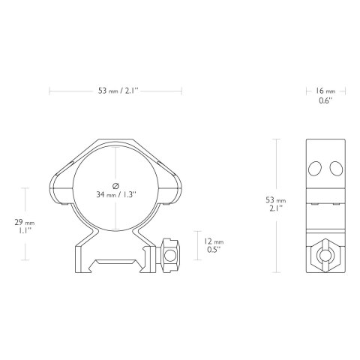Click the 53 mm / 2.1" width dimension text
pos(115,91)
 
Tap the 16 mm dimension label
pos(325,91)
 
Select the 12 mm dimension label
pos(214,241)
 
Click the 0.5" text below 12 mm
pos(214,251)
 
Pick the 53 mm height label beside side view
pos(276,200)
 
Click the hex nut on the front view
pos(170,255)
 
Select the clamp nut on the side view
pos(325,254)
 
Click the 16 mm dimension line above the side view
pos(308,91)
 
